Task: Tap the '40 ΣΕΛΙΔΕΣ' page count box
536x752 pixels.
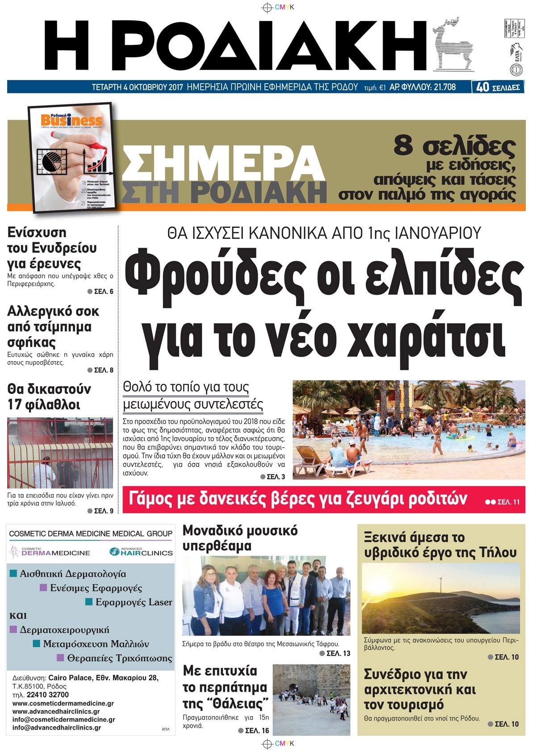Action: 498,87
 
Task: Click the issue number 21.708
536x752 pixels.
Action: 443,87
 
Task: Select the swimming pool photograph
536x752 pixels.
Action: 409,429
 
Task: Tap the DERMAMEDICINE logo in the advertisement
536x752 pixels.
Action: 50,552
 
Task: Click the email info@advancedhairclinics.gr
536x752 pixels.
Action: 57,727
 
